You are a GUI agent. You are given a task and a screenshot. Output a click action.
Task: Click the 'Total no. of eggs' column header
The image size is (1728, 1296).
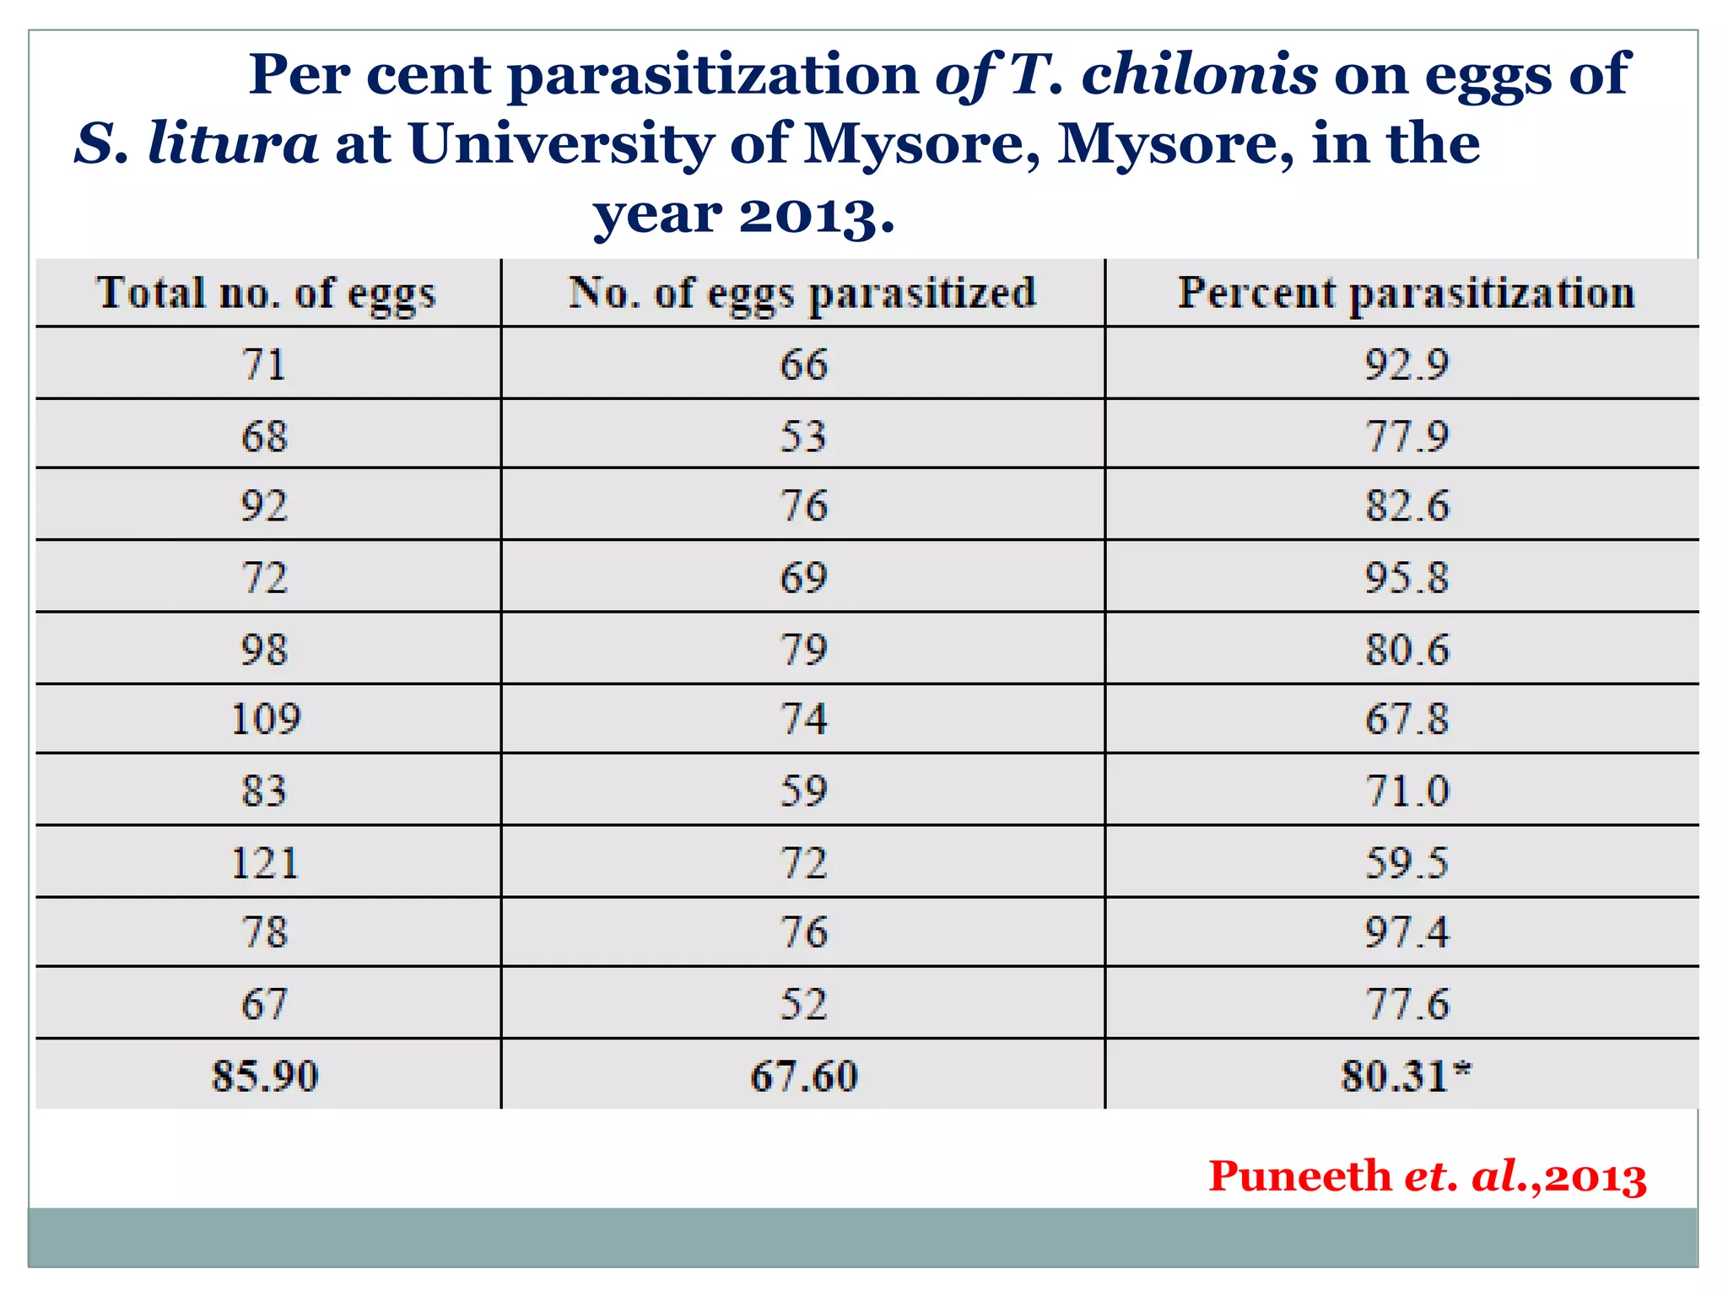click(267, 294)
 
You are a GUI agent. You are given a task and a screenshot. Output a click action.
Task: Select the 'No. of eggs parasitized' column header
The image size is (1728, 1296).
click(802, 294)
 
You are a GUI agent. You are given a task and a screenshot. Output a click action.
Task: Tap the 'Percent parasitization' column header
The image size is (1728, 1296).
click(1406, 294)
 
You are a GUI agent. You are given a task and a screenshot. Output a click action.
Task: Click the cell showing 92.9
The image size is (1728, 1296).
click(1406, 364)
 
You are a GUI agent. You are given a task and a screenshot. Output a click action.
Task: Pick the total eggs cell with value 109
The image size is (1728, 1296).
click(266, 719)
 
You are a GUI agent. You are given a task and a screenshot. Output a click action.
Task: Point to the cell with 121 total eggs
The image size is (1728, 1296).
click(266, 863)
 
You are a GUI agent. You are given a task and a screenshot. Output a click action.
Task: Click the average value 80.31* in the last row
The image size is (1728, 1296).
click(1406, 1076)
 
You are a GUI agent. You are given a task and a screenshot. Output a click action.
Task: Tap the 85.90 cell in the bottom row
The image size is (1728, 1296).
click(266, 1076)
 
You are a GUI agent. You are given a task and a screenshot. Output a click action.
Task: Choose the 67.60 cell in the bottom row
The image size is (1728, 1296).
click(803, 1076)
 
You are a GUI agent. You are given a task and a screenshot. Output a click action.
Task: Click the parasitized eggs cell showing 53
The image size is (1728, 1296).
click(803, 436)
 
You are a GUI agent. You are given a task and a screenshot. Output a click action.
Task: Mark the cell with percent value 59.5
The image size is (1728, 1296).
click(1406, 863)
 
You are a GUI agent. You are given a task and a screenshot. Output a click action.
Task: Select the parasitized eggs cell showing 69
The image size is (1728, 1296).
click(803, 578)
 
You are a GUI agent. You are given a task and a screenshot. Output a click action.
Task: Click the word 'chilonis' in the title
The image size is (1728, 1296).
click(1199, 74)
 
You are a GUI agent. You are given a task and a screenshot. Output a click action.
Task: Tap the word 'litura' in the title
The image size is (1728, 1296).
click(233, 143)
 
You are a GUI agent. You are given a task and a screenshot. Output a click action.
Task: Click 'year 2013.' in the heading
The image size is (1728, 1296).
click(743, 214)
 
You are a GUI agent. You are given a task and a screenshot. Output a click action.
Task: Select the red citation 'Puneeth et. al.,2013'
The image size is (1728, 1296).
click(1427, 1176)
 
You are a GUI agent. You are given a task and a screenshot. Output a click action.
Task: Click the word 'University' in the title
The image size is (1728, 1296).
click(562, 143)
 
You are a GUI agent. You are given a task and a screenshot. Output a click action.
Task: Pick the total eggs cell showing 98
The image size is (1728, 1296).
click(266, 650)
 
